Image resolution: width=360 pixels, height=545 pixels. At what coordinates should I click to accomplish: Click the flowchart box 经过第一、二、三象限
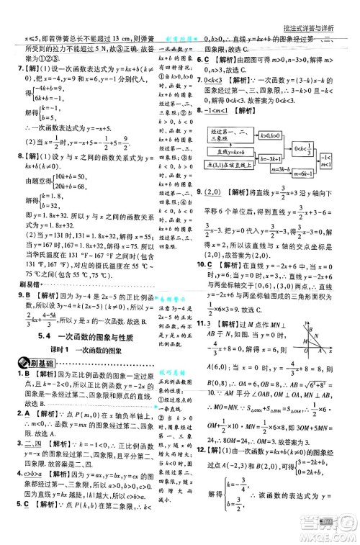click(x=230, y=135)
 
